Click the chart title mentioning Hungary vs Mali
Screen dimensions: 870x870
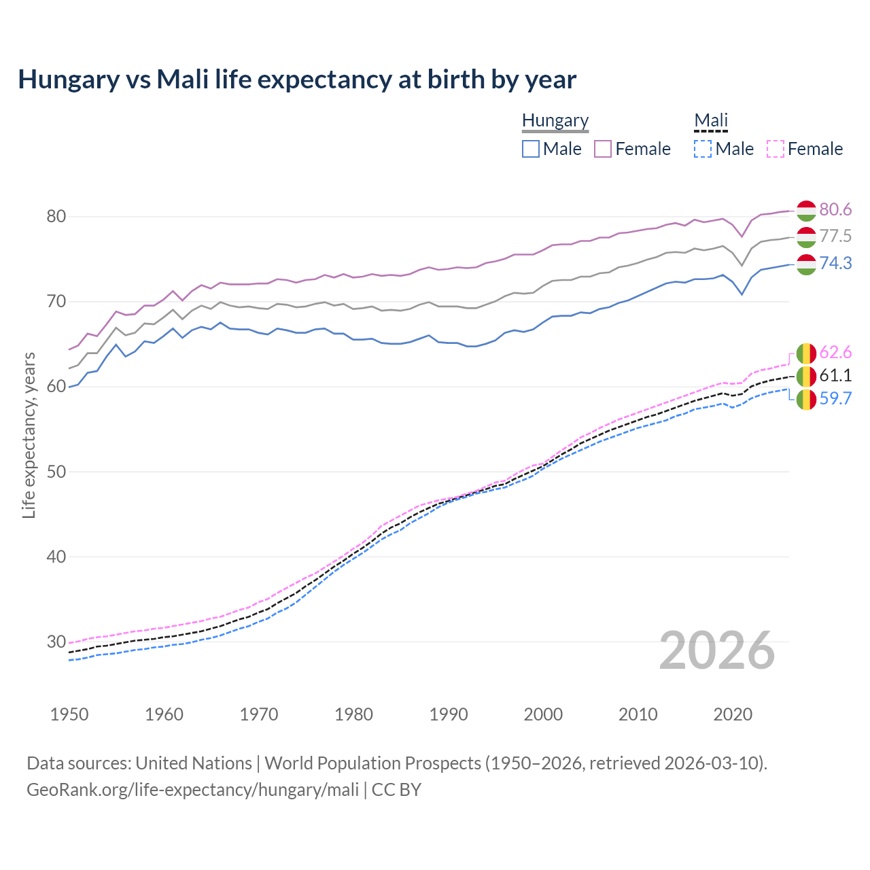[297, 80]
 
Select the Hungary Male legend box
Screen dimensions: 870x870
[531, 149]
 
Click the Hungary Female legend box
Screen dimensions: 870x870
[603, 149]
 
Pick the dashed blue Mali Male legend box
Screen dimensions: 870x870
[703, 149]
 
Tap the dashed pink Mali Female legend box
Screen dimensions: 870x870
[776, 149]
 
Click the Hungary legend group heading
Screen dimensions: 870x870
[555, 120]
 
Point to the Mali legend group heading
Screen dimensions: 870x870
[711, 120]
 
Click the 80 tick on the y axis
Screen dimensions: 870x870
[56, 217]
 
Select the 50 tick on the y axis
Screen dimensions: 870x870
[56, 472]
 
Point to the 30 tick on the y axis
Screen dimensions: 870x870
[56, 642]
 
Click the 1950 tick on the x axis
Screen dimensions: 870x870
[69, 714]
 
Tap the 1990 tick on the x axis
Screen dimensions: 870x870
[449, 714]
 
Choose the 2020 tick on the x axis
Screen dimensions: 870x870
[733, 714]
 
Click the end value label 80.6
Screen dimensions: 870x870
[835, 210]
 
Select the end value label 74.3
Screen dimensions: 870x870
[835, 263]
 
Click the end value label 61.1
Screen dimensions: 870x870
[835, 375]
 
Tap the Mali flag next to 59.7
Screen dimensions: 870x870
[806, 400]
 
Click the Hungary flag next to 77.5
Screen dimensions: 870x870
[806, 237]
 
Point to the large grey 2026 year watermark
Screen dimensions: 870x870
[717, 650]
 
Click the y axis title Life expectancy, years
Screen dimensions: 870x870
[29, 435]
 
